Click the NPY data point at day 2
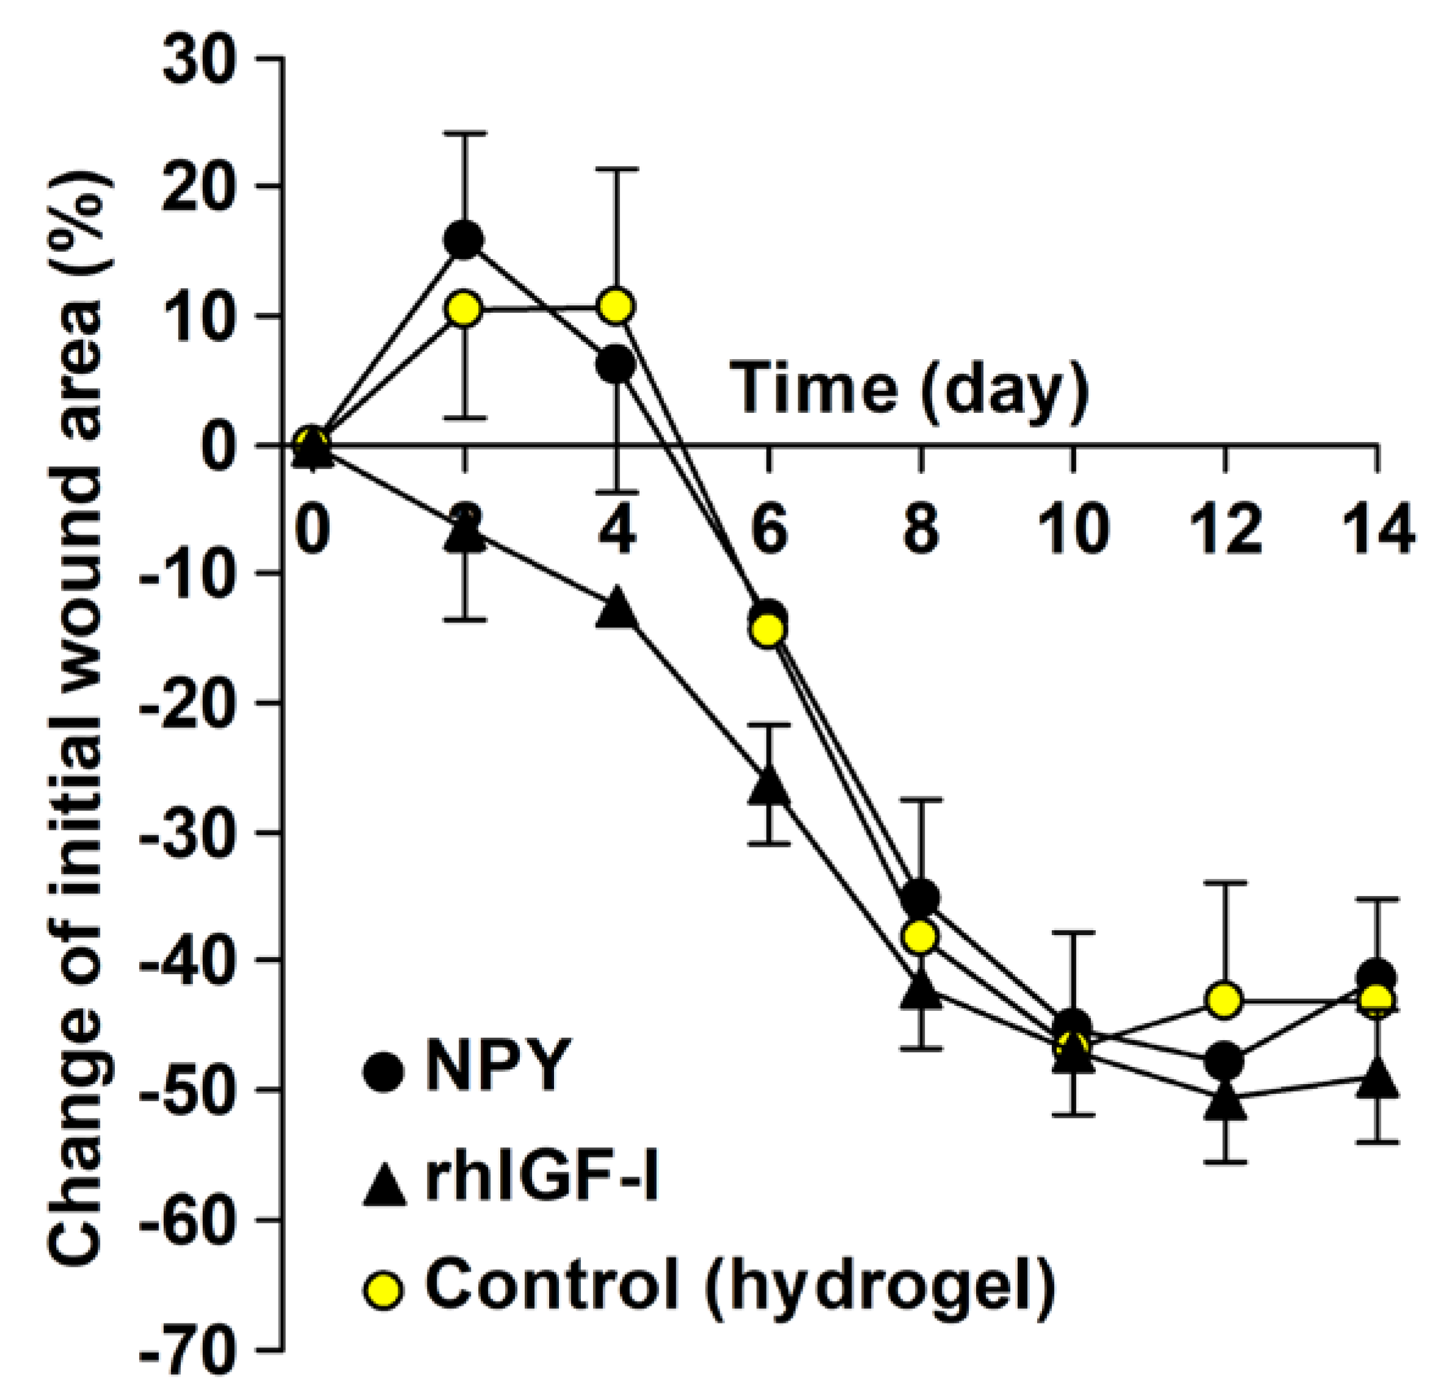(x=465, y=240)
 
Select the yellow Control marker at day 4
(x=617, y=306)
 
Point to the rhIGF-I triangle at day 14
(x=1377, y=1080)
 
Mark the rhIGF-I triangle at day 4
(x=617, y=610)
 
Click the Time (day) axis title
(x=910, y=388)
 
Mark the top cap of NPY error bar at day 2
(x=465, y=134)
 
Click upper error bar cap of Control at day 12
(x=1224, y=883)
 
